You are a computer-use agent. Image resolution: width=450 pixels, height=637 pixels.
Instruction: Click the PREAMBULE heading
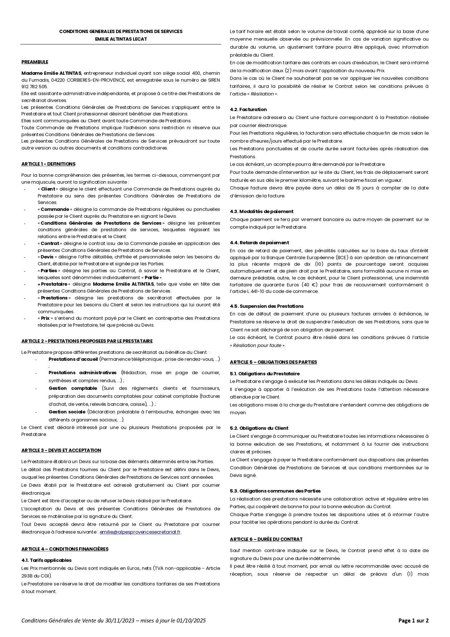coord(35,62)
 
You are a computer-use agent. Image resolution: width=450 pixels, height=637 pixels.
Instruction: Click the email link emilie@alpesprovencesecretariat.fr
coord(140,532)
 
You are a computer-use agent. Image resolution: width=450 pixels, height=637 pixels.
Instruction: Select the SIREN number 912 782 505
coord(34,87)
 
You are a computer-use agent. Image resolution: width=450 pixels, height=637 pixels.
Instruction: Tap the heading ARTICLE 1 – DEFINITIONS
coord(48,164)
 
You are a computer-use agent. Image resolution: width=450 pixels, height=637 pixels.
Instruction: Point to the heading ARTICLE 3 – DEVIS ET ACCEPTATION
coord(61,450)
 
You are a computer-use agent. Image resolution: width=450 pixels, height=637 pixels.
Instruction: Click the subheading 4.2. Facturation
coord(248,110)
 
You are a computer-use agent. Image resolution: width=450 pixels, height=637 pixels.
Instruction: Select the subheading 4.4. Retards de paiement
coord(259,243)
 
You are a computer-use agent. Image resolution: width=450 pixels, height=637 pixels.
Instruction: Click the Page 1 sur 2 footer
coord(413,621)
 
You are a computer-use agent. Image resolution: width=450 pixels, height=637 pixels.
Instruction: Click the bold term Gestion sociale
coord(67,412)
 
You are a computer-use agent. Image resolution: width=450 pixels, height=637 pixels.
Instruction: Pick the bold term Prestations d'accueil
coord(73,359)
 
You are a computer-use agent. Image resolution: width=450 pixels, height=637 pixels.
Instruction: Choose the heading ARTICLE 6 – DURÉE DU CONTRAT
coord(266,539)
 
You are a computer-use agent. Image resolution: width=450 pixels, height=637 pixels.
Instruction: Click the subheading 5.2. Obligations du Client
coord(259,428)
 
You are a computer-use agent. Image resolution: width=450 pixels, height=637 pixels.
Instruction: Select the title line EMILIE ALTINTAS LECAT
coord(121,39)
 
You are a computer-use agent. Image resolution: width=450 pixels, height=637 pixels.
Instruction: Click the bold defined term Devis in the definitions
coord(47,257)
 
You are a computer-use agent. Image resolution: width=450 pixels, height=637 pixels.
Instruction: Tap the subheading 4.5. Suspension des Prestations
coord(267,306)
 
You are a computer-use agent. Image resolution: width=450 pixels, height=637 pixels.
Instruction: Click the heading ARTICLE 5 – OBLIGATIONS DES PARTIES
coord(273,362)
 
